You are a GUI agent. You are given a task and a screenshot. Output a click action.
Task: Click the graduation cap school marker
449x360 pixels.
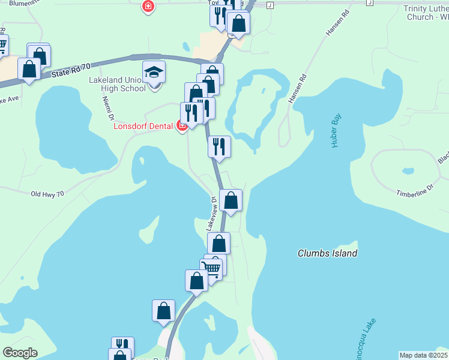point(154,73)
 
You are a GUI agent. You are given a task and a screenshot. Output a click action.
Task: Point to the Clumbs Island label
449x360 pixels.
point(327,253)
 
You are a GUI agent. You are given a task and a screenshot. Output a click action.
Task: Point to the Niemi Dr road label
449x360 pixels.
point(109,112)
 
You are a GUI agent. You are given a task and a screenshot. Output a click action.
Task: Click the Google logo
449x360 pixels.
point(20,353)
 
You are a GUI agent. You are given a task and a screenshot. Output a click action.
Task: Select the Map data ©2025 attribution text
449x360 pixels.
point(423,355)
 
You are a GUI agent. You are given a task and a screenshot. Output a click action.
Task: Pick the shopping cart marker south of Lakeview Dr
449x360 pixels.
point(212,268)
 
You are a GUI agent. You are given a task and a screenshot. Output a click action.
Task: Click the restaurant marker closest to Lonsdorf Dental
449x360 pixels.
point(191,113)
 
